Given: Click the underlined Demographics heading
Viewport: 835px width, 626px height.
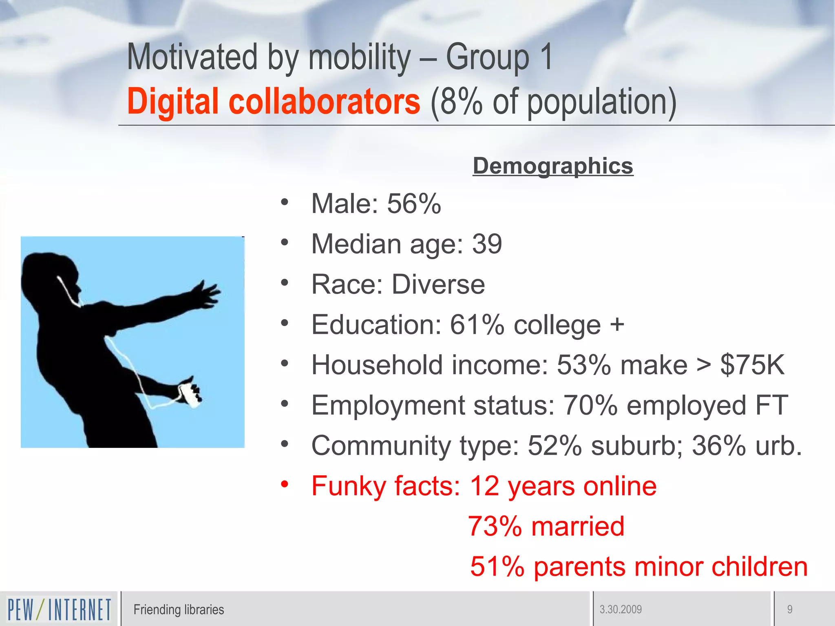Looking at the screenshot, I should tap(553, 166).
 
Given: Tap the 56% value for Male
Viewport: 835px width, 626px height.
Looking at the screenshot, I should tap(414, 203).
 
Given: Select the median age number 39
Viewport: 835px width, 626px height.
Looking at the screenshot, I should tap(487, 244).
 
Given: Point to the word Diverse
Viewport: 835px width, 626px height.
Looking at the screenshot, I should tap(438, 284).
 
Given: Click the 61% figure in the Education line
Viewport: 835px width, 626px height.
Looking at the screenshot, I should tap(477, 325).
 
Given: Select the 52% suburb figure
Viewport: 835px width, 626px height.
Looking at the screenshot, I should tap(555, 445).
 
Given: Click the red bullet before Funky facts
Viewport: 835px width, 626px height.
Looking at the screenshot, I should tap(285, 485).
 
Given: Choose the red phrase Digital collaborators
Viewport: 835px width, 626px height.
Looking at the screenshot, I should tap(273, 101).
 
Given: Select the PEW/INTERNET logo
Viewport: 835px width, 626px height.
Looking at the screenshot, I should tap(59, 609).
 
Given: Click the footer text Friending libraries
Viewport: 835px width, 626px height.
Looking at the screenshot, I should tap(179, 610).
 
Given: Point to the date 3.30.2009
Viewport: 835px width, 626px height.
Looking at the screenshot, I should tap(621, 610).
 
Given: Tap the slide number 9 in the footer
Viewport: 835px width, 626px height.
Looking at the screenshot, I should tap(790, 610).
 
